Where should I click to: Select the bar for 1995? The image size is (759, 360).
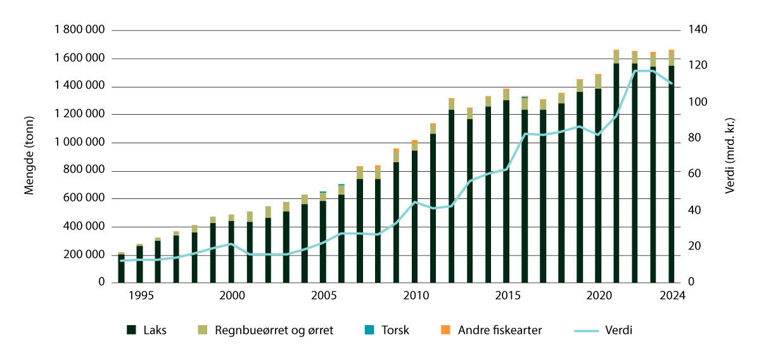pyautogui.click(x=139, y=263)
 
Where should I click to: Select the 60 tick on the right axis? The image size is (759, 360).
pyautogui.click(x=695, y=174)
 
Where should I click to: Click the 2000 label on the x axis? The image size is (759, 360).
pyautogui.click(x=232, y=296)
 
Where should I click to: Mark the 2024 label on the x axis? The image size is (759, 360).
pyautogui.click(x=671, y=296)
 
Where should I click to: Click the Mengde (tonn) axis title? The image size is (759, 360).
pyautogui.click(x=29, y=156)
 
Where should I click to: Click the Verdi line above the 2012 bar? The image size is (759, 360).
pyautogui.click(x=452, y=206)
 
